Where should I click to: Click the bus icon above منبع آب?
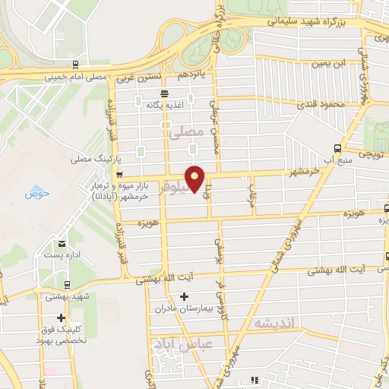(337, 148)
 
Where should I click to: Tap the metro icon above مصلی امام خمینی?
(74, 65)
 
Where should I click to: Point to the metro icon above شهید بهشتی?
(67, 285)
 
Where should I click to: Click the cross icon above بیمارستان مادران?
(182, 296)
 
